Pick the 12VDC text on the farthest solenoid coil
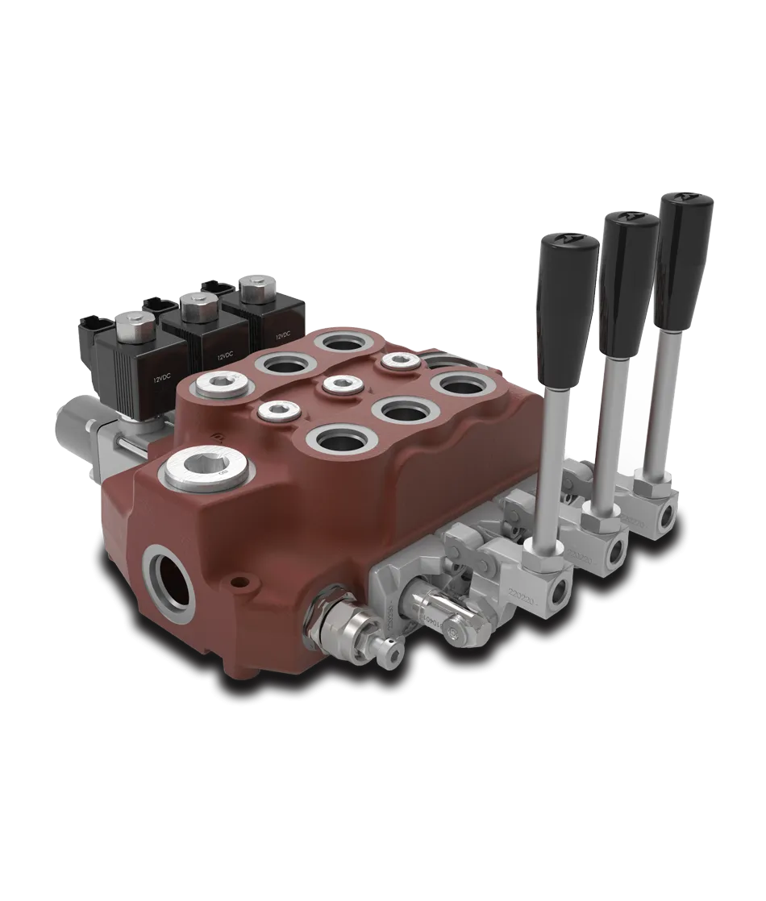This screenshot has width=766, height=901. (282, 334)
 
